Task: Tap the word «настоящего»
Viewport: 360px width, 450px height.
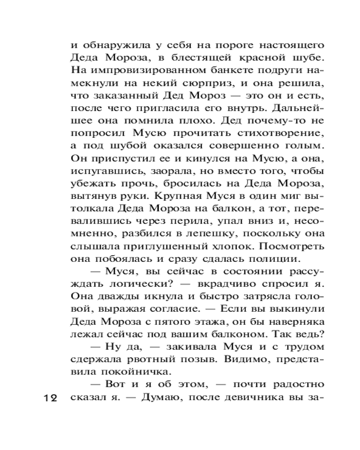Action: pyautogui.click(x=290, y=46)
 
